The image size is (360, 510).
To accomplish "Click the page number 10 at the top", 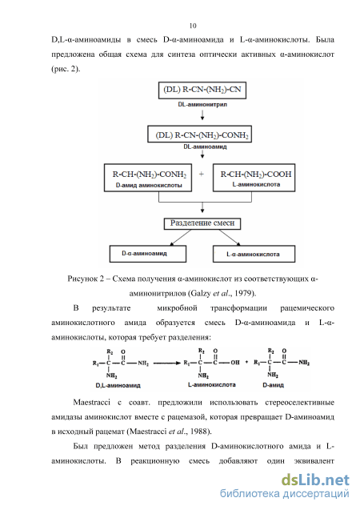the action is pos(193,26).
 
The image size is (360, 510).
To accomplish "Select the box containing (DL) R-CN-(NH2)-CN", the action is pos(202,90).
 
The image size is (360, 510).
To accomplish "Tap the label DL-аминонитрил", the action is pos(202,105).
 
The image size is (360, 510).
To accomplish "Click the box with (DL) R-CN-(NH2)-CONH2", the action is pos(199,134).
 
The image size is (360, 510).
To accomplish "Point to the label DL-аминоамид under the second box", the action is pos(205,147).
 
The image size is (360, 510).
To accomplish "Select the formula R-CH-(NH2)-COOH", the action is pos(256,175).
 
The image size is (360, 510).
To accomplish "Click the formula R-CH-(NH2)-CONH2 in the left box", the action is pos(150,175).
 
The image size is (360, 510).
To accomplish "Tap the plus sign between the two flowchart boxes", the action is pos(202,175).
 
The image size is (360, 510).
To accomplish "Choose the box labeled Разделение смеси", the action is pos(202,223).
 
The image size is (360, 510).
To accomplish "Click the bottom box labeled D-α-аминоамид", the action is pos(148,254).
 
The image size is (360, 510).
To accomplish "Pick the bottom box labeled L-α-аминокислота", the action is pos(254,254).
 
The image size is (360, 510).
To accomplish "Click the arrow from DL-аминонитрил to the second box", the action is pos(202,114).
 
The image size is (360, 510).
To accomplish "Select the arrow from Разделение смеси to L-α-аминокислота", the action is pos(230,238).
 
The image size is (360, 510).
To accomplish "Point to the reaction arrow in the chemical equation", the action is pos(166,363).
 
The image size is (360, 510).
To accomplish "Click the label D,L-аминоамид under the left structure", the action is pos(118,385).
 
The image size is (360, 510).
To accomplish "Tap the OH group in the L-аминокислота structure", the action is pos(235,363).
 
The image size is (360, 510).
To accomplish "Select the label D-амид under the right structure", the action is pos(274,385).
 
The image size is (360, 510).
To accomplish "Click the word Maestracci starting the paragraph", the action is pos(92,403).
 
